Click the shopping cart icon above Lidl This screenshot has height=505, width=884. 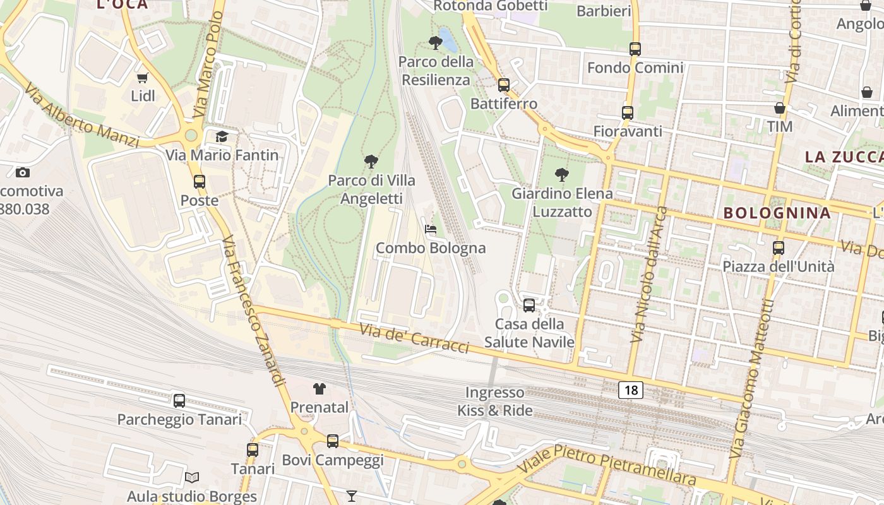(142, 78)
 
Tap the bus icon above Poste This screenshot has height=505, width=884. (200, 182)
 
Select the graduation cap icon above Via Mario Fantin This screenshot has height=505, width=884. (222, 136)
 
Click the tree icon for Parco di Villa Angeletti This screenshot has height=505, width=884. (371, 162)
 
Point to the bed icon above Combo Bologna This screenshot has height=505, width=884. (431, 229)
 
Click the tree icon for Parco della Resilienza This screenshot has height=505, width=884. (435, 43)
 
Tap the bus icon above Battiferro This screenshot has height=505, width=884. (503, 85)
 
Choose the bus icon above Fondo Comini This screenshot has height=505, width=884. (635, 49)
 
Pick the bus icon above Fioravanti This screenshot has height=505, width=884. (627, 113)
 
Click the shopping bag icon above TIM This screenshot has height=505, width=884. (780, 108)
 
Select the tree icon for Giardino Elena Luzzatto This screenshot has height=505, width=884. (561, 175)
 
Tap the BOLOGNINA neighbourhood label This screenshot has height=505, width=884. (777, 213)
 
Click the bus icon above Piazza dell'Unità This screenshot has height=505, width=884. (779, 248)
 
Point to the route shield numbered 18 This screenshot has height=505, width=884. (631, 390)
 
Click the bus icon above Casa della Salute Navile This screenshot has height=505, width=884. (529, 306)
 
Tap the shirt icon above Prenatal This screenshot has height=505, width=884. (320, 389)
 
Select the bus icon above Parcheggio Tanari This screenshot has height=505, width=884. (179, 401)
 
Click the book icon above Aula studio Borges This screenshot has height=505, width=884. (192, 478)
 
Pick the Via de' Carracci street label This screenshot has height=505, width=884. (414, 339)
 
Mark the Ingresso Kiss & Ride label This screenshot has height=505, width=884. (495, 401)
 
